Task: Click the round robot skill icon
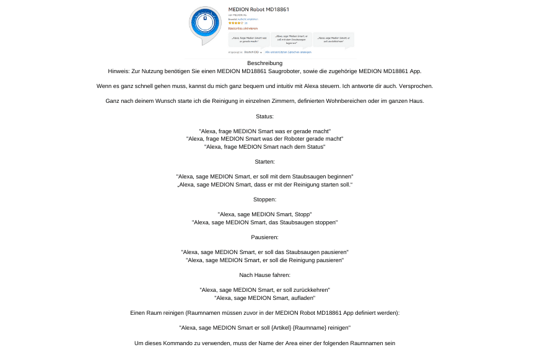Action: (205, 24)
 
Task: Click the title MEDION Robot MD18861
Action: (258, 9)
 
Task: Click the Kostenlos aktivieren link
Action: (243, 29)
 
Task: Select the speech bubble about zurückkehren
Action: (334, 39)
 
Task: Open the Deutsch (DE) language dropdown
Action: (252, 52)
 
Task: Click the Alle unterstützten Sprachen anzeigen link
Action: (288, 52)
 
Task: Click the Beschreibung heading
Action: (264, 63)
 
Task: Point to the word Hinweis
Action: (119, 71)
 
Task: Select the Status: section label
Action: (264, 116)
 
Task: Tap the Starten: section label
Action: (264, 162)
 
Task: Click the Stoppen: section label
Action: (264, 200)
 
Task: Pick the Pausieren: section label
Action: (264, 237)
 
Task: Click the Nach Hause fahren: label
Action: (264, 275)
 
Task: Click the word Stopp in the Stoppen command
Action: (302, 214)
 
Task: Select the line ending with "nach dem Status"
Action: (264, 147)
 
